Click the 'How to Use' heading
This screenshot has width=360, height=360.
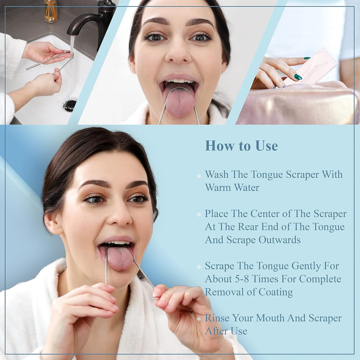(241, 146)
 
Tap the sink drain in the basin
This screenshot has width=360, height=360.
(70, 105)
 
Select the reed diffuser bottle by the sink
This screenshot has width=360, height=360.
(50, 11)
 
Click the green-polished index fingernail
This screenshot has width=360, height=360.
(298, 77)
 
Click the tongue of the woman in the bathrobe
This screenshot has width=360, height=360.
(120, 257)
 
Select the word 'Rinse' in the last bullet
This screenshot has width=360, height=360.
(217, 318)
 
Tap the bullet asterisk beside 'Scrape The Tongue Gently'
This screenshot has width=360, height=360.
(199, 267)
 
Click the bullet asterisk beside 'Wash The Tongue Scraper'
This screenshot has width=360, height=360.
(199, 176)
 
